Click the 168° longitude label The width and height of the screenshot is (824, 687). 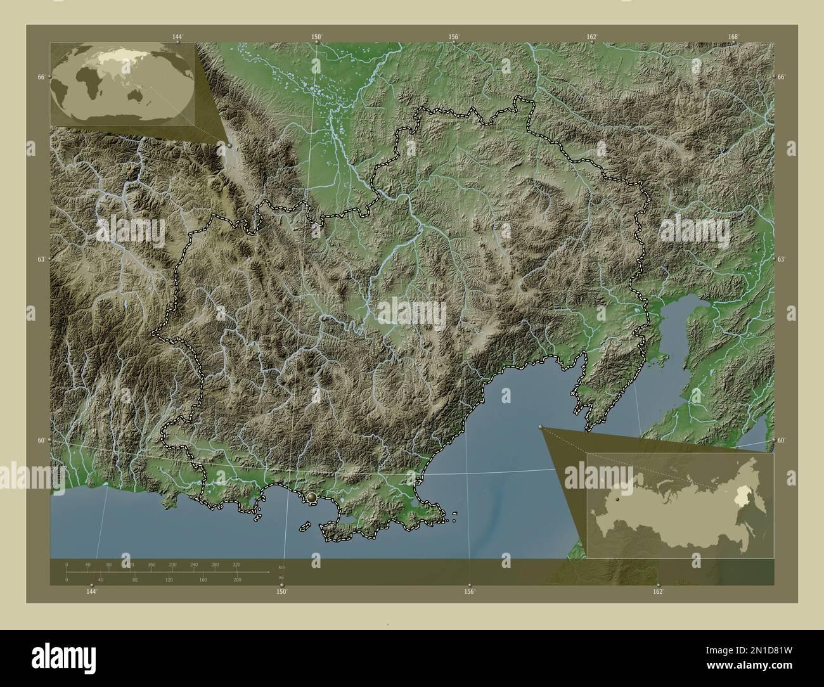733,37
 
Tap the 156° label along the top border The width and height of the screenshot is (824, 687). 454,37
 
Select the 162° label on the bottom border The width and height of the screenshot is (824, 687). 658,591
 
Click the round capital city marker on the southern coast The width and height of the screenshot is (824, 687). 311,499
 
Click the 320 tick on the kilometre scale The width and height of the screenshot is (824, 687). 236,564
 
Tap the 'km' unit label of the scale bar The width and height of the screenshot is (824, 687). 281,567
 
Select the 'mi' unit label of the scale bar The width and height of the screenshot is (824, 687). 281,578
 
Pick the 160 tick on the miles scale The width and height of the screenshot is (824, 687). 202,579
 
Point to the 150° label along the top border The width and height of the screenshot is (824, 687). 316,37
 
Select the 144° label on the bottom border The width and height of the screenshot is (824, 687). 92,591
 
